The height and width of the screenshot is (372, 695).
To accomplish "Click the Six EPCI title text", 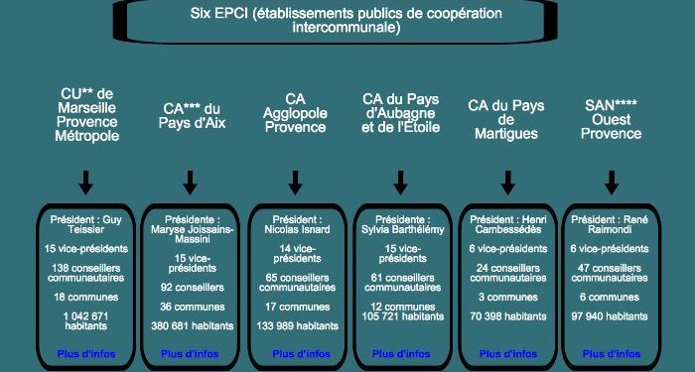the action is [x=346, y=21].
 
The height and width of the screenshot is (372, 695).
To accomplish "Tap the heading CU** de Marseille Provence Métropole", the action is [x=86, y=115].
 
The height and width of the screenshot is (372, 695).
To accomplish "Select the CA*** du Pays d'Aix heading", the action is [x=190, y=115].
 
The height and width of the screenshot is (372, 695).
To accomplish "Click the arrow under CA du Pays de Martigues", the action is [x=507, y=182].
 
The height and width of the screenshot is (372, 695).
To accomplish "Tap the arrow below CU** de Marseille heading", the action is [x=86, y=182].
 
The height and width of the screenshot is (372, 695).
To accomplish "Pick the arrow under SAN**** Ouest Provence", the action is [x=612, y=182].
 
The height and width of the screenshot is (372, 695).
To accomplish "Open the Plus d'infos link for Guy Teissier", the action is [x=86, y=352].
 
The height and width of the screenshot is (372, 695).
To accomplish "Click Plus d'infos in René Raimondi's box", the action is [x=612, y=353].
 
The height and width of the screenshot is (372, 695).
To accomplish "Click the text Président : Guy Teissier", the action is [x=86, y=224].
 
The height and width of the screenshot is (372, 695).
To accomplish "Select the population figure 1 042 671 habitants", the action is [x=86, y=322].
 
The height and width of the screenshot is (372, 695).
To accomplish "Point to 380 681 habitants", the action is [x=191, y=325].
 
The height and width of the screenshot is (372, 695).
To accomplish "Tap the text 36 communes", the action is [x=191, y=307].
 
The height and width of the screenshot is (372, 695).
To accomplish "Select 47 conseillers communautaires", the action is [x=612, y=273].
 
